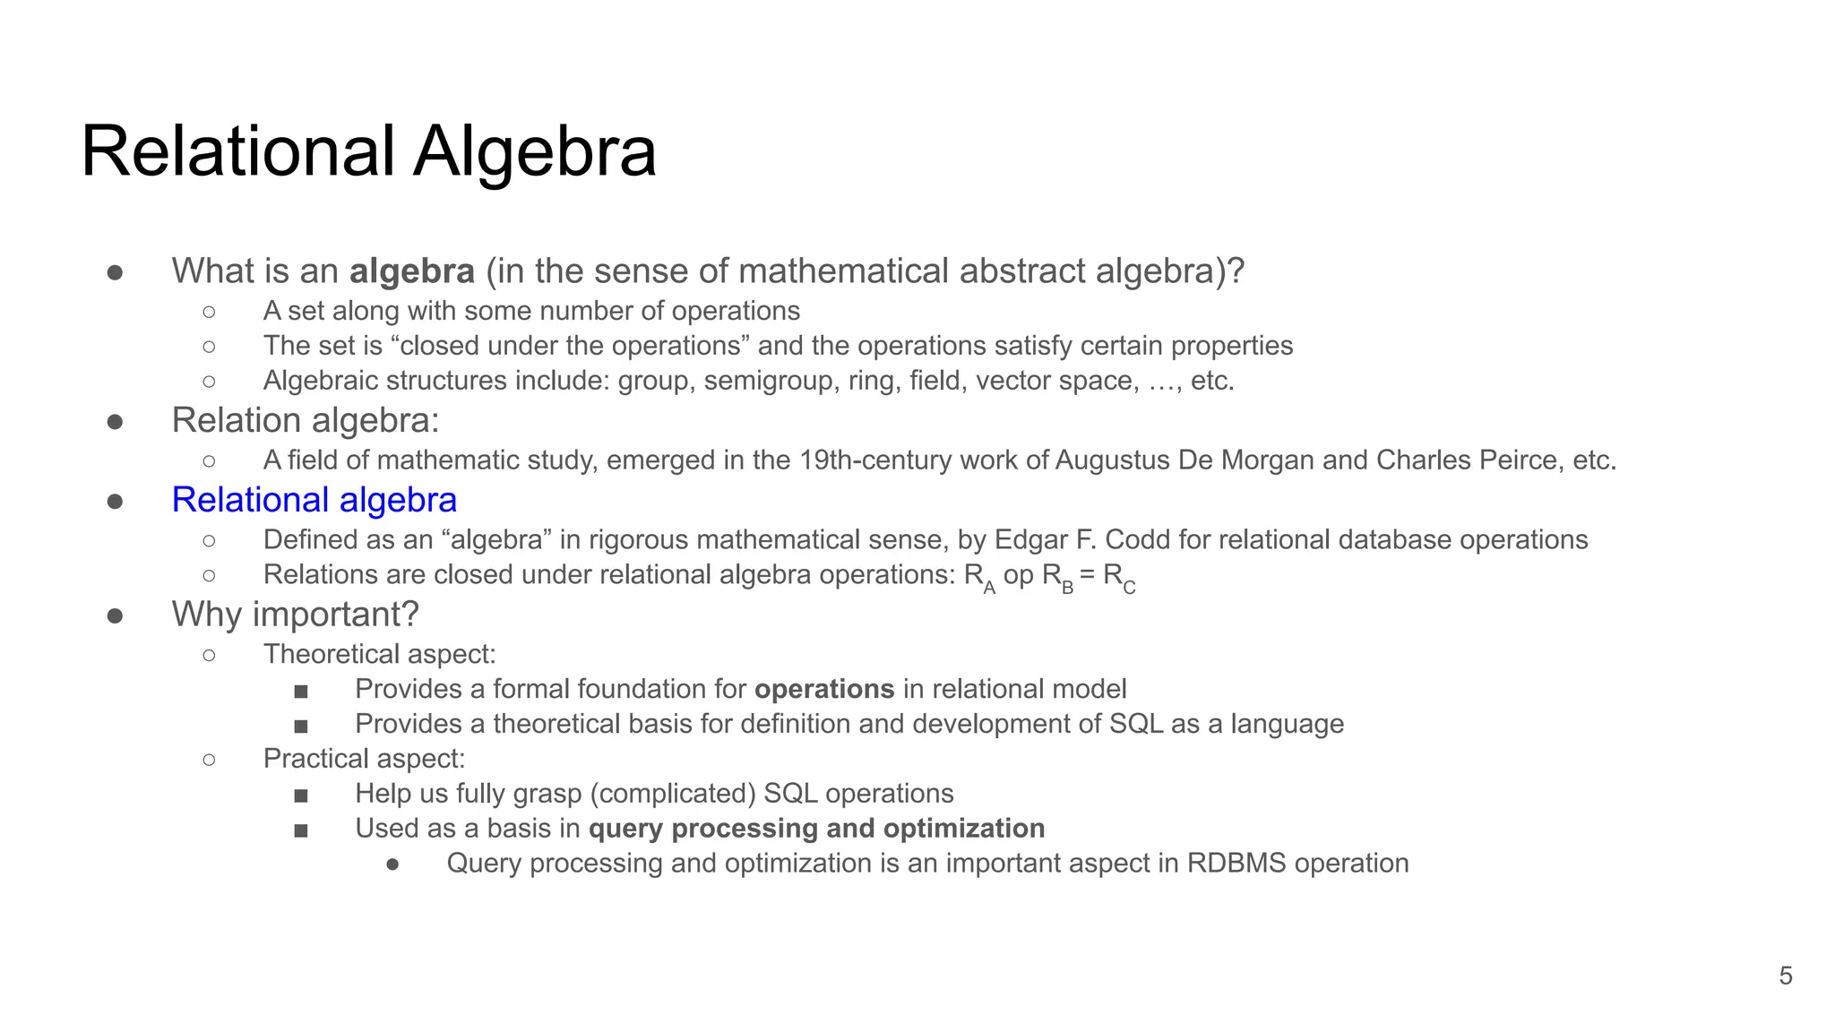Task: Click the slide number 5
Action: (1785, 976)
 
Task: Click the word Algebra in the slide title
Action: (534, 152)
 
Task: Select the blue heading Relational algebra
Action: (314, 500)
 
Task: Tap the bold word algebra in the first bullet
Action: (411, 271)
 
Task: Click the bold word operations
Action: (824, 689)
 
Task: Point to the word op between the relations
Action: (1018, 575)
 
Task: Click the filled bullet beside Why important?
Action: (115, 615)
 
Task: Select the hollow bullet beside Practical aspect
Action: (209, 760)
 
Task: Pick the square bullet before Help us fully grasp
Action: (301, 795)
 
